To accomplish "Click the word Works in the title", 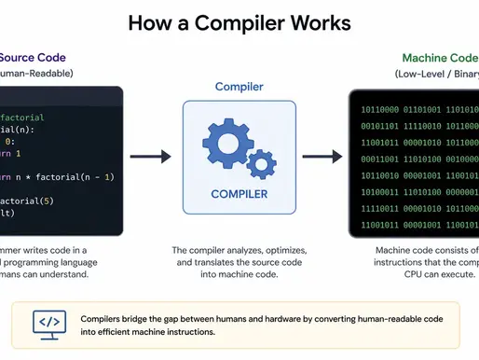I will click(322, 21).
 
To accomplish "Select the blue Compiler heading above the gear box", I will click(239, 87).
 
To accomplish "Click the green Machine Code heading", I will click(438, 58).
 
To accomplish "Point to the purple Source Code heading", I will click(30, 58).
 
